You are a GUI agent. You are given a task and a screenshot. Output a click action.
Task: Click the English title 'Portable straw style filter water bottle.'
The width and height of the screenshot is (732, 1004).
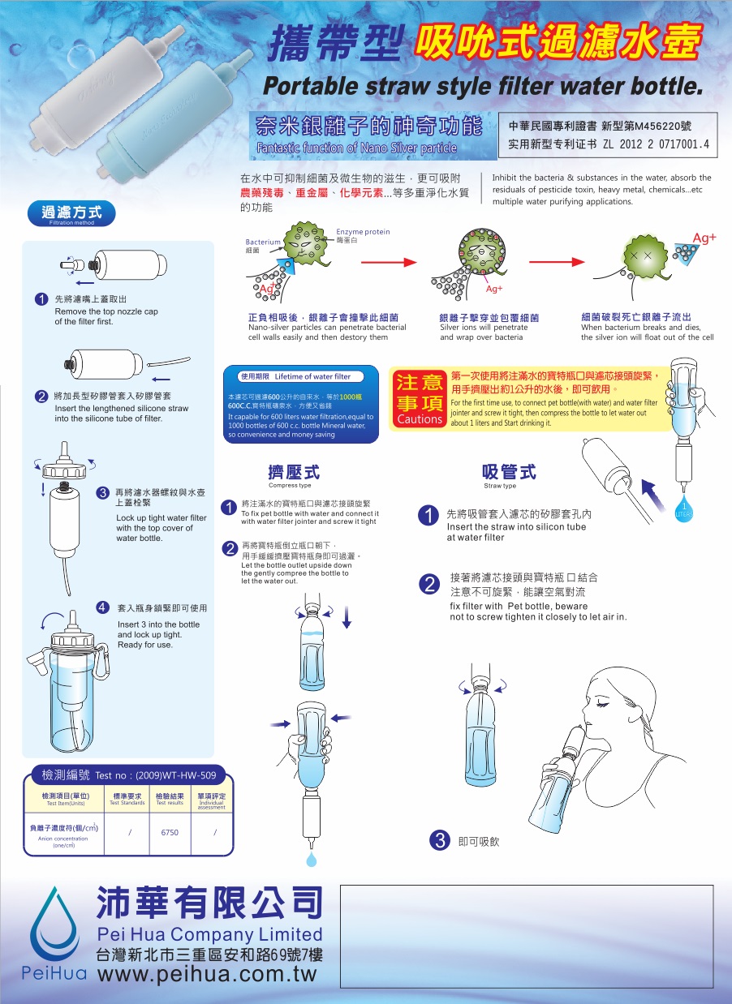482,85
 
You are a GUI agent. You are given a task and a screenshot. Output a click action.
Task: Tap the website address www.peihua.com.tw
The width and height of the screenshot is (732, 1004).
206,973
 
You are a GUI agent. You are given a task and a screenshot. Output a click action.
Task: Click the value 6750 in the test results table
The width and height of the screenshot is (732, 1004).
170,832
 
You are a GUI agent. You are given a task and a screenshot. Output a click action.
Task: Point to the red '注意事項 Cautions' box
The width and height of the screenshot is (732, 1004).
419,398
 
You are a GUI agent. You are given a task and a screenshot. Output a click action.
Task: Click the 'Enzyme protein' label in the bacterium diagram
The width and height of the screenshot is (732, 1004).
363,233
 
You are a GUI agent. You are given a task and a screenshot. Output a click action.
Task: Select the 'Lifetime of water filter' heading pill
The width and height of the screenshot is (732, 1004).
300,376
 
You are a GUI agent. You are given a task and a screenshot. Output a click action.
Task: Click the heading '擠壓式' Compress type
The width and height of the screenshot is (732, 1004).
293,473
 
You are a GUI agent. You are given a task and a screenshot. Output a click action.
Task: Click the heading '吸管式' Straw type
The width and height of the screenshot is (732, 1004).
509,473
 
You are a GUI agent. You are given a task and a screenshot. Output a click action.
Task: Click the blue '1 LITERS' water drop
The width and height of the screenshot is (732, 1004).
683,512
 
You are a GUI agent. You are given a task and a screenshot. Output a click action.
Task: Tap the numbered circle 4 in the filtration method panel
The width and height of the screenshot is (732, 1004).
103,607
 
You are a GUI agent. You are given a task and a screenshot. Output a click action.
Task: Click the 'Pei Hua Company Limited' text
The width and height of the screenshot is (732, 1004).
209,934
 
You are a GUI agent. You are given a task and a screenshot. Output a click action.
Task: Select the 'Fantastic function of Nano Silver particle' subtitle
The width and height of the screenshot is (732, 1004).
355,148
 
